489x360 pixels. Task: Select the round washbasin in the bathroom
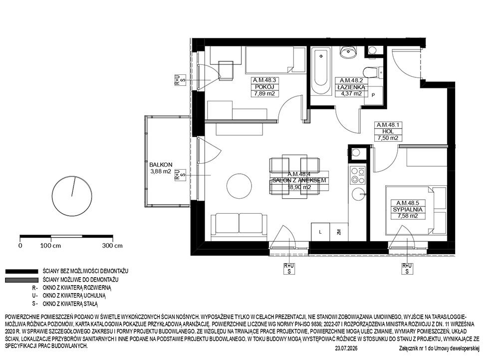pyautogui.click(x=348, y=52)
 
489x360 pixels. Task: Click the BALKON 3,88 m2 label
pyautogui.click(x=161, y=168)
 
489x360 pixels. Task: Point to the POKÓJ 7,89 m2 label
pyautogui.click(x=264, y=87)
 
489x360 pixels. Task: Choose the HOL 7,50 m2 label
pyautogui.click(x=388, y=131)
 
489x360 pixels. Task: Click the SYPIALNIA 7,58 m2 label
pyautogui.click(x=407, y=210)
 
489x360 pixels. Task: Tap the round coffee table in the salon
pyautogui.click(x=239, y=187)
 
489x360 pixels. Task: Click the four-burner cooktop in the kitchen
pyautogui.click(x=357, y=175)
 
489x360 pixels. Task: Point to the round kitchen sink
pyautogui.click(x=359, y=194)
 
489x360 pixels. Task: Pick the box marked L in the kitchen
pyautogui.click(x=320, y=232)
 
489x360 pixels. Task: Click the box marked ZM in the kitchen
pyautogui.click(x=339, y=232)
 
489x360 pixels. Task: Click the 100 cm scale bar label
pyautogui.click(x=50, y=246)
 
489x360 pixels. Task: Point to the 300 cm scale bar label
pyautogui.click(x=112, y=246)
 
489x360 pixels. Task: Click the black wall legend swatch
pyautogui.click(x=21, y=272)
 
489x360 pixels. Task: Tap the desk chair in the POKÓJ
pyautogui.click(x=226, y=70)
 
